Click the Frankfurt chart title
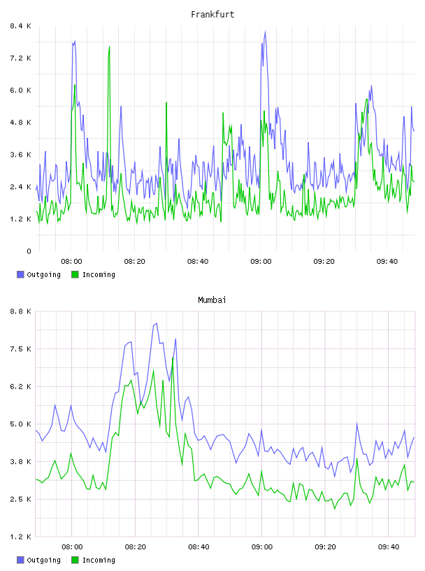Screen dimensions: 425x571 click(x=212, y=14)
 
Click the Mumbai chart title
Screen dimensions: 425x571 click(x=212, y=299)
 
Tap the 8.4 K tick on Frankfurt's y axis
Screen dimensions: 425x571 click(x=20, y=26)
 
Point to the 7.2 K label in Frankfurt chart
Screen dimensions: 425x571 click(x=20, y=58)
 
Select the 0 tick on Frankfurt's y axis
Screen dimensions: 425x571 click(x=29, y=251)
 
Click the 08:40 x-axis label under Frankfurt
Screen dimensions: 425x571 click(x=198, y=261)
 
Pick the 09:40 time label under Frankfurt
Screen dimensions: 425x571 click(x=387, y=261)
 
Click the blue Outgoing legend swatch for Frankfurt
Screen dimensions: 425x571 click(x=20, y=274)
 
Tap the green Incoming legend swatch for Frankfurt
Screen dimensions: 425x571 click(x=75, y=274)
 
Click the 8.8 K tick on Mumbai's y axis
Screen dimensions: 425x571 click(x=20, y=311)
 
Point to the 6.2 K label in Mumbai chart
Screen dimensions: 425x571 click(x=20, y=386)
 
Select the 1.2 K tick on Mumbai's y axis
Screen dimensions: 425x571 click(x=20, y=537)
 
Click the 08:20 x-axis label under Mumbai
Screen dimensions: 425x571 click(x=136, y=547)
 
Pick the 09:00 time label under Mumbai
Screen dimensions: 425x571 click(x=262, y=547)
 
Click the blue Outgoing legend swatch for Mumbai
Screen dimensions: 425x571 click(x=20, y=560)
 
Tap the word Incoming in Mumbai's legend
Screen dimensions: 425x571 click(x=99, y=560)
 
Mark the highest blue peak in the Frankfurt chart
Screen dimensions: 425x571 click(x=265, y=31)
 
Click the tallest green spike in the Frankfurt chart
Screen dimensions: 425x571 click(x=109, y=47)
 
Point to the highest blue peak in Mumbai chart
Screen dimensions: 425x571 click(x=157, y=323)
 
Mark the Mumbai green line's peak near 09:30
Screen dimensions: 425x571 click(x=357, y=458)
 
